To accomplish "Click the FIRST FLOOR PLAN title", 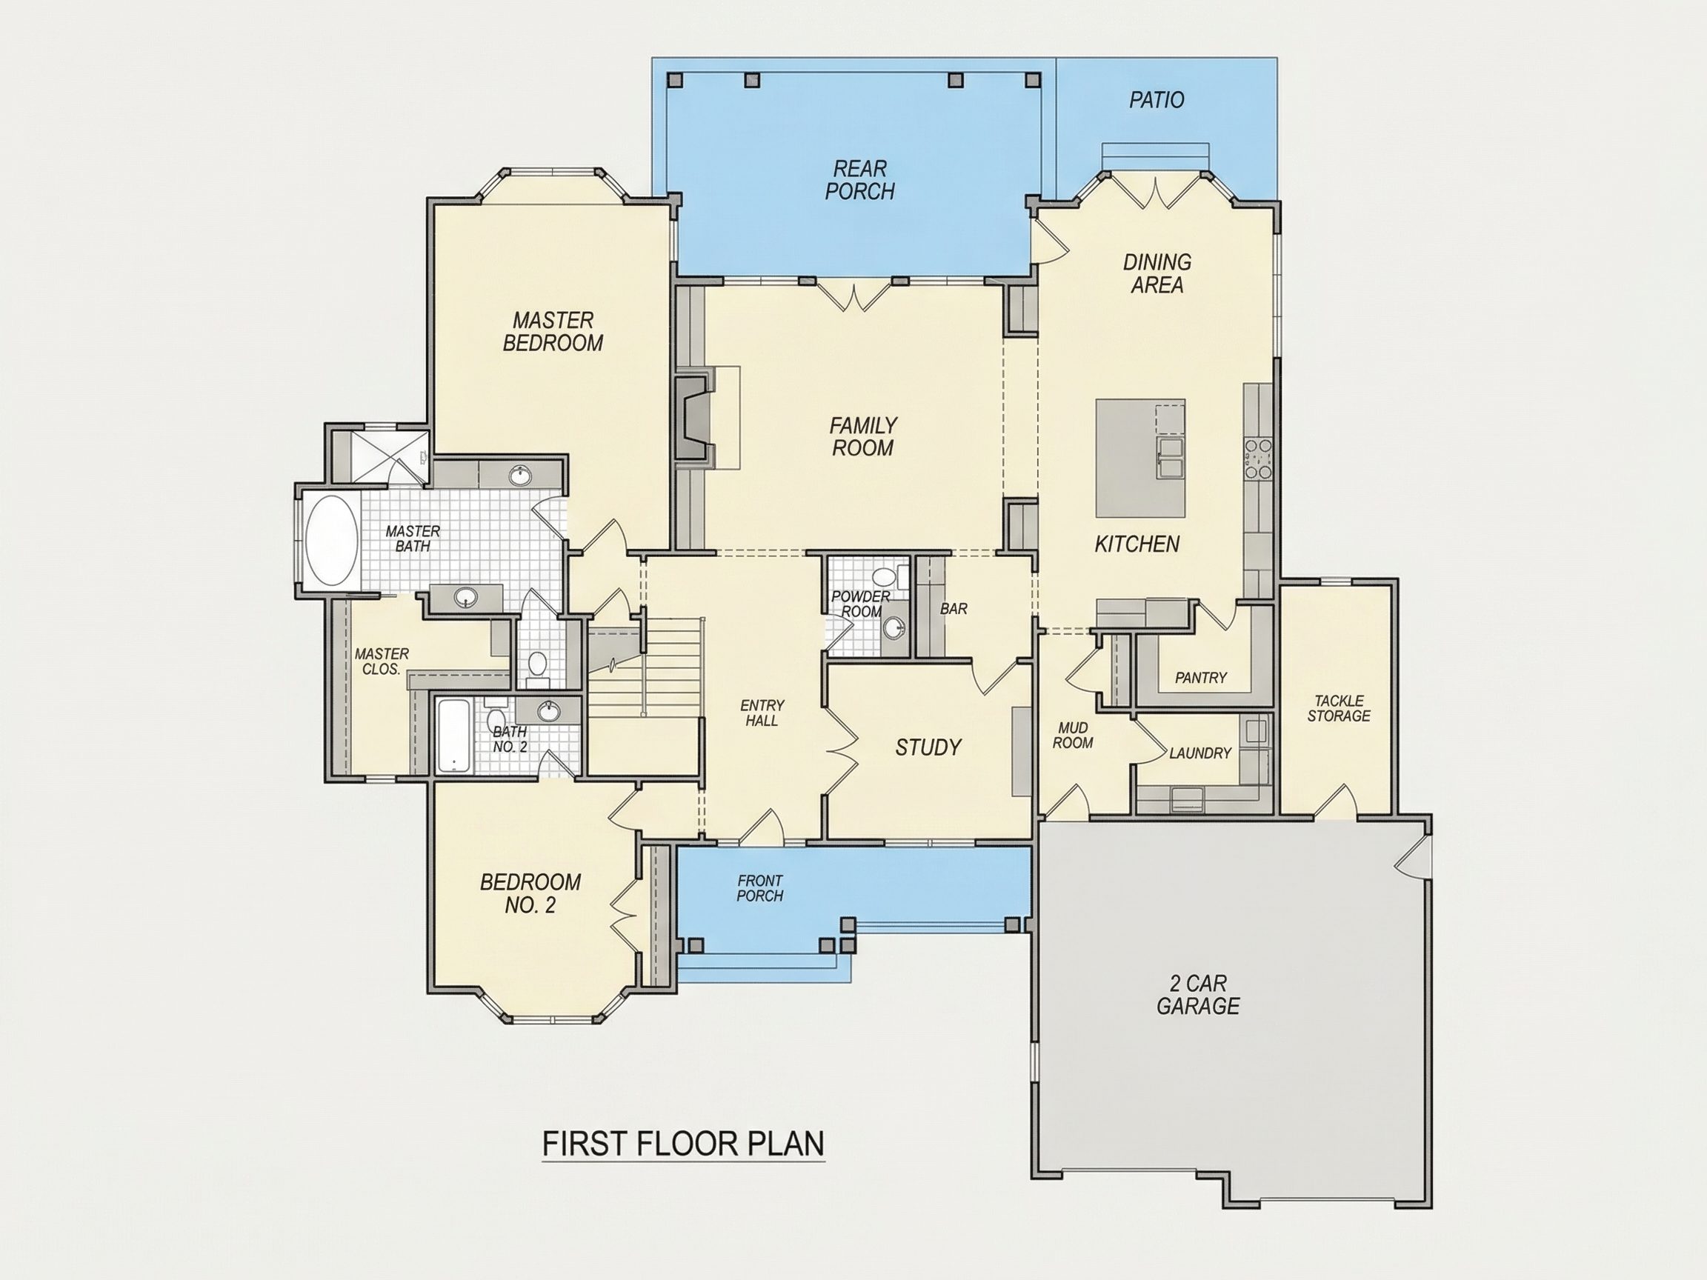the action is click(684, 1144).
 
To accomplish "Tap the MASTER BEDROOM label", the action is click(553, 332).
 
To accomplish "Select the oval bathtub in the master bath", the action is click(331, 541).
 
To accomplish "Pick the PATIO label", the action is click(1157, 100).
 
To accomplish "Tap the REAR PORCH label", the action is click(859, 180).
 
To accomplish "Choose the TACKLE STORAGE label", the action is click(1339, 708).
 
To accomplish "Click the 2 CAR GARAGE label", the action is click(1199, 995).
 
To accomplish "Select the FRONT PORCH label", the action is click(760, 888).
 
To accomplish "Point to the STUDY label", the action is click(928, 747).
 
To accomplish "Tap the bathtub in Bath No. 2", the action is click(453, 736).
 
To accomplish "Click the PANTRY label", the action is click(1201, 678).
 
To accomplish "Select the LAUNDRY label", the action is click(1200, 753).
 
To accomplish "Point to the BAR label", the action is click(954, 609).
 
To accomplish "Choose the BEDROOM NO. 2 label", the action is click(530, 893).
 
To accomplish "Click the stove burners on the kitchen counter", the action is click(1258, 459).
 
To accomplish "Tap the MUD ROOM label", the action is click(1073, 736).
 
